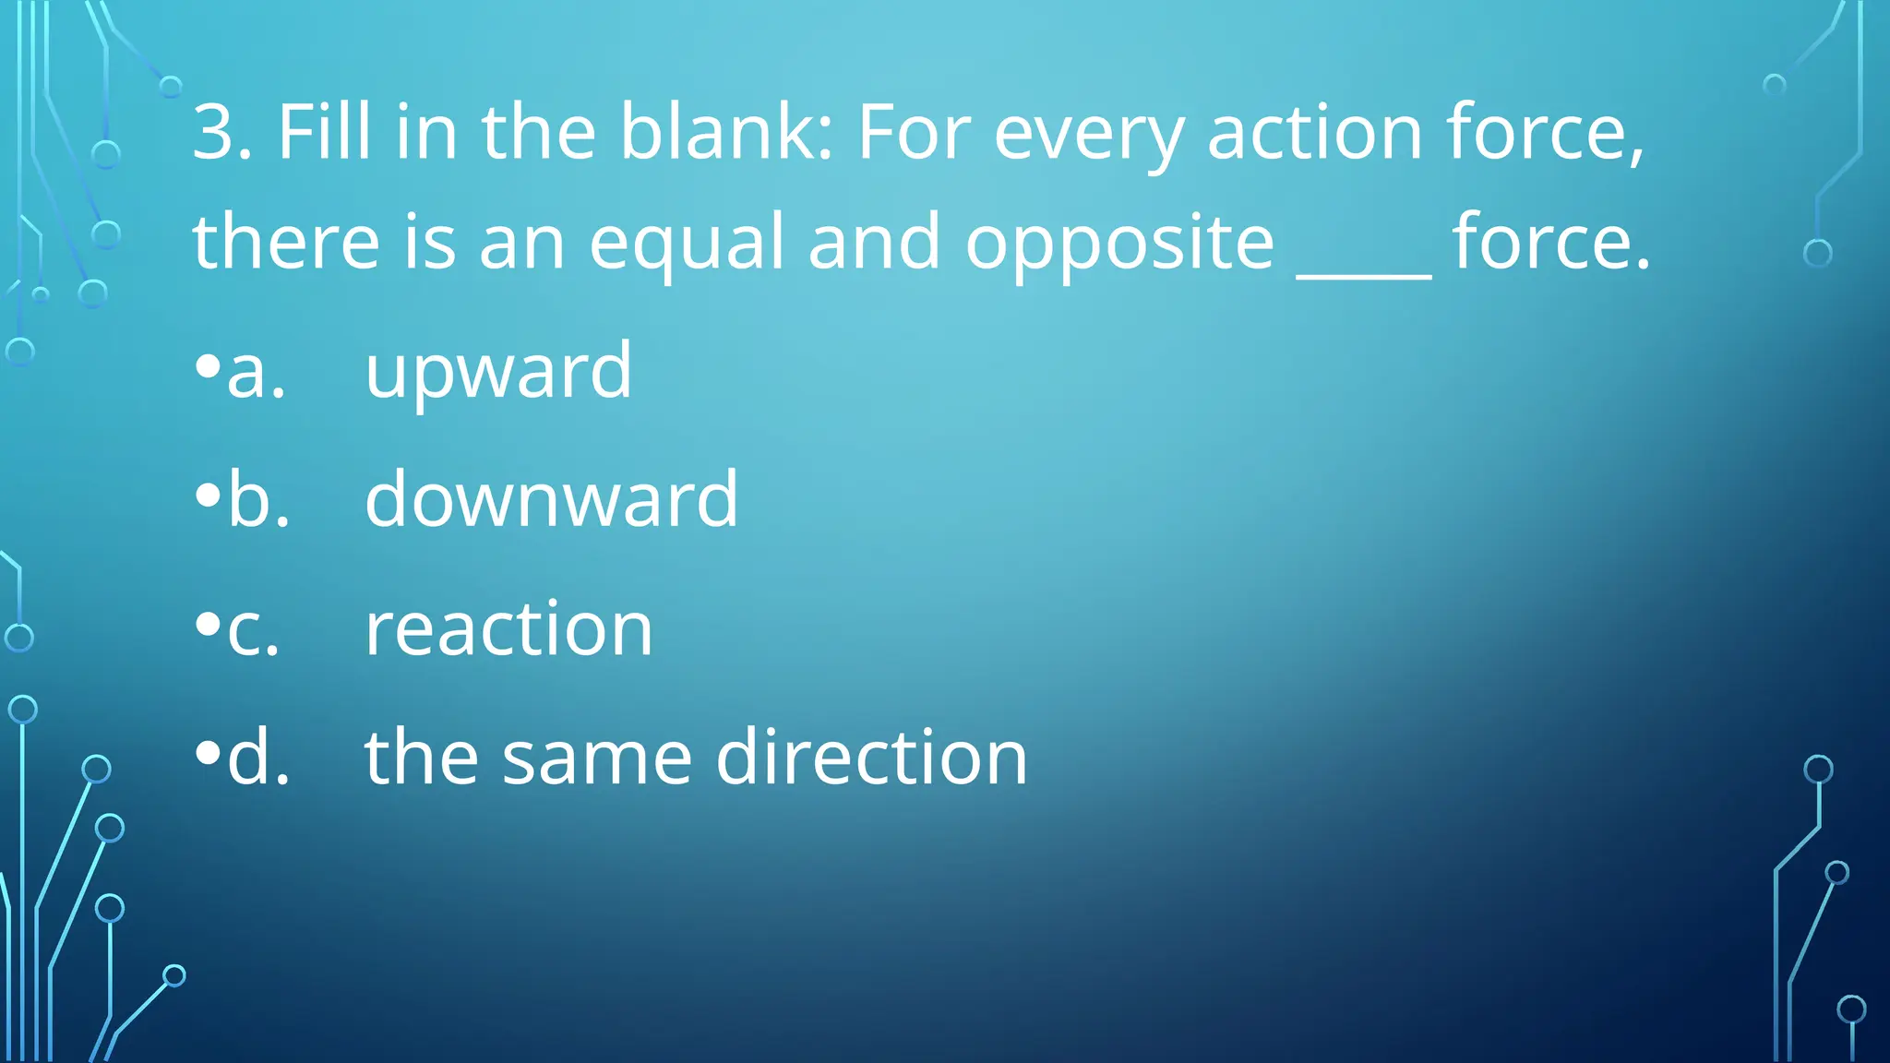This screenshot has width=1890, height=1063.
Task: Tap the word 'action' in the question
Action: pyautogui.click(x=1314, y=132)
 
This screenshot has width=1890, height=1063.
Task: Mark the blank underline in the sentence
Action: pyautogui.click(x=1363, y=273)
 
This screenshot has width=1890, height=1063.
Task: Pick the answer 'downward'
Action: pyautogui.click(x=551, y=499)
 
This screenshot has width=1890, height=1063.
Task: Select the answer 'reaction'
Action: pyautogui.click(x=508, y=628)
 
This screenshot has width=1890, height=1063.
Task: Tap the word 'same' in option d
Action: pyautogui.click(x=596, y=758)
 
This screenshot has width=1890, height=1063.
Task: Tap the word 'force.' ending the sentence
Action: pyautogui.click(x=1550, y=242)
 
